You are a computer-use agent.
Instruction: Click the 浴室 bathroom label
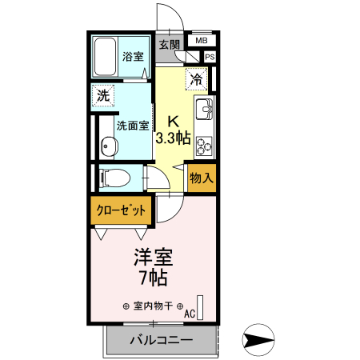click(133, 58)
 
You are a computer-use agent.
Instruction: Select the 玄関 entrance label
click(169, 44)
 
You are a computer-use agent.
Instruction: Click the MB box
click(201, 40)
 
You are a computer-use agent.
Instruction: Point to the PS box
click(210, 57)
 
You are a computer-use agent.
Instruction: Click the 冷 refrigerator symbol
click(196, 78)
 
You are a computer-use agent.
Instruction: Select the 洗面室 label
click(132, 126)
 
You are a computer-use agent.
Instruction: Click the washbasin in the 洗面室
click(108, 146)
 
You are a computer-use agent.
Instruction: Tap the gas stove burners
click(202, 145)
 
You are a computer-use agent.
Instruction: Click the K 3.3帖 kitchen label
click(172, 130)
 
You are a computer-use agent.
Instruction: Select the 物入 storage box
click(201, 178)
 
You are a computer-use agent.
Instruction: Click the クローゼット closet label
click(122, 211)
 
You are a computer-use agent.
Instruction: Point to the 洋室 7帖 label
click(153, 267)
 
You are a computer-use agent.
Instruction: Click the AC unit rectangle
click(201, 307)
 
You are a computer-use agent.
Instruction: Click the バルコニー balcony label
click(160, 341)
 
